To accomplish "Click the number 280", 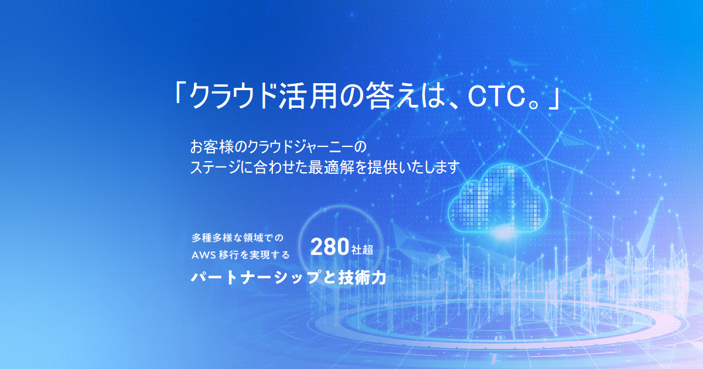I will pyautogui.click(x=330, y=248).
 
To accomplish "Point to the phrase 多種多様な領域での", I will pyautogui.click(x=237, y=238).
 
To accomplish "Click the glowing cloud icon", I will pyautogui.click(x=498, y=199).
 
